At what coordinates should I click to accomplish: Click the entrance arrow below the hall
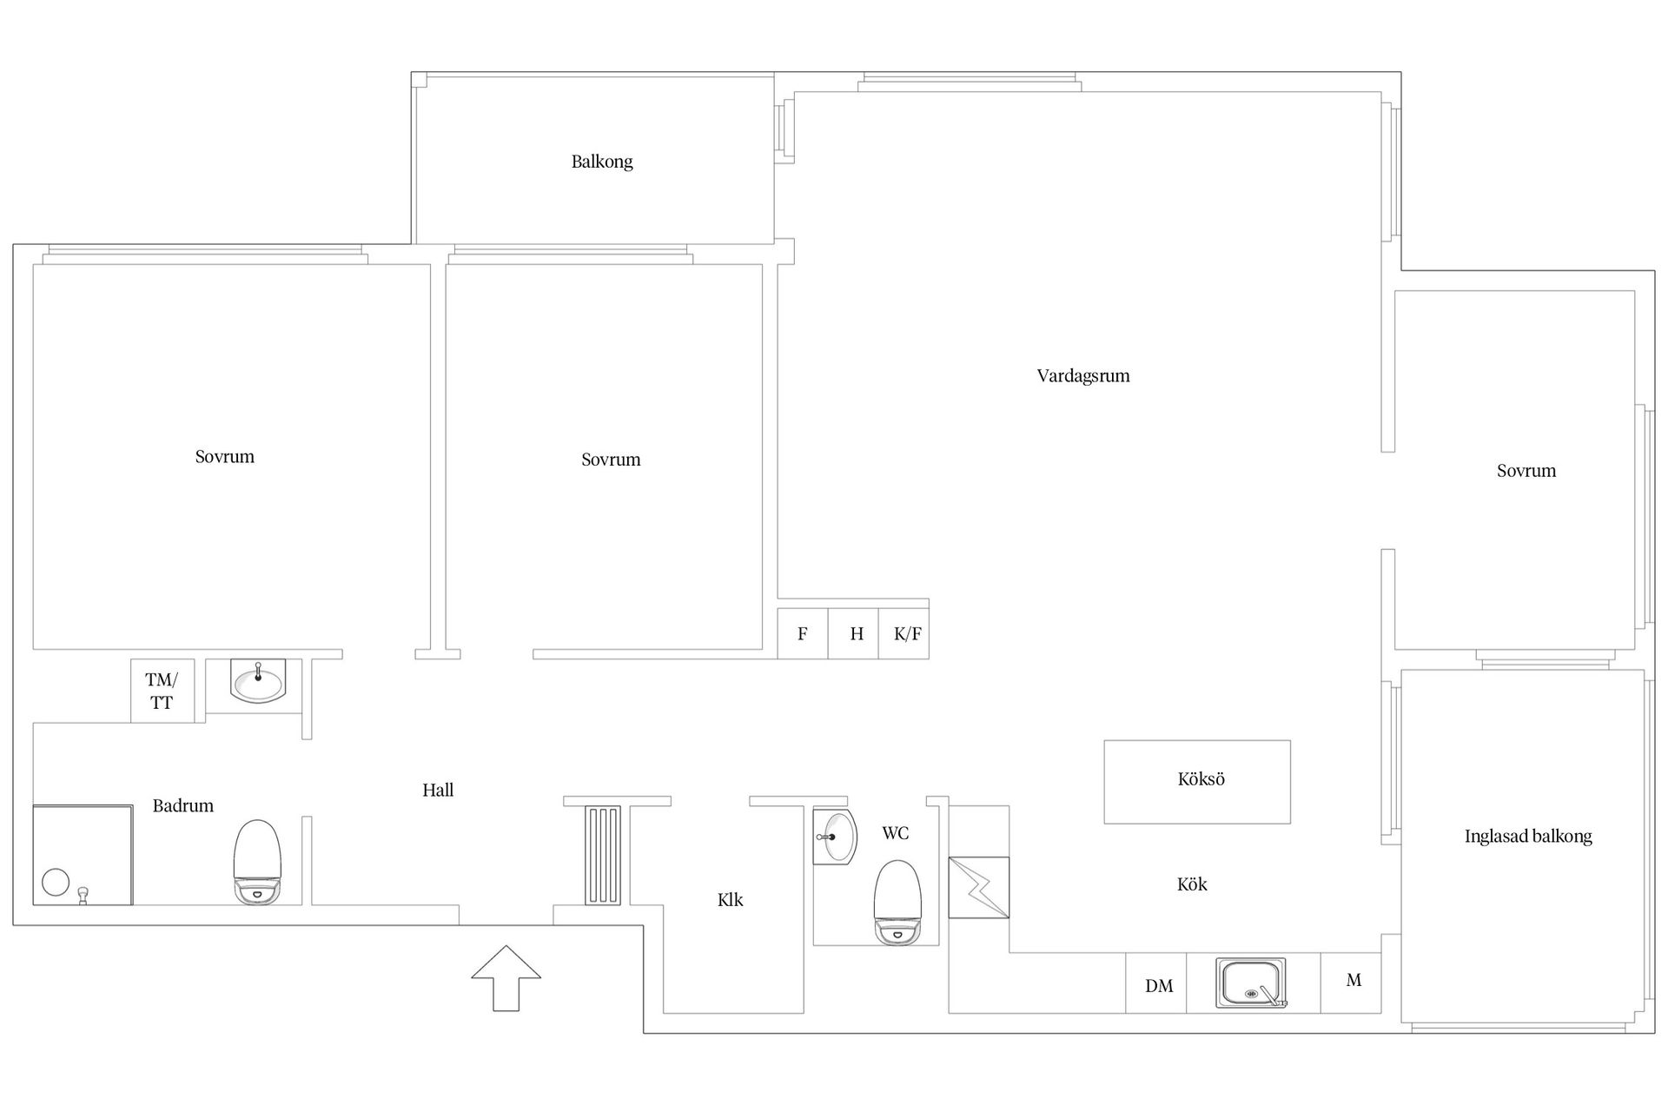(506, 978)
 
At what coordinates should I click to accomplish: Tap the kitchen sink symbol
(1251, 983)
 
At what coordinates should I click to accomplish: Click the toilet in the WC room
(897, 902)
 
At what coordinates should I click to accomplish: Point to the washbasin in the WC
(834, 837)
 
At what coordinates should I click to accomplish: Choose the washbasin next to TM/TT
(258, 680)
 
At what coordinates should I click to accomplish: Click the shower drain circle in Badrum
(56, 882)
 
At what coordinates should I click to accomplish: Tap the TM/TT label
(162, 692)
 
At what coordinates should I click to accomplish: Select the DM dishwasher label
(1159, 986)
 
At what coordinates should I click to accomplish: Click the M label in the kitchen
(1354, 980)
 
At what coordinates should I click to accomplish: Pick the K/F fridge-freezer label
(908, 634)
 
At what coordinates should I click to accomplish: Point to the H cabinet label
(857, 634)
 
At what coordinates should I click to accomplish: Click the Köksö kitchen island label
(1201, 779)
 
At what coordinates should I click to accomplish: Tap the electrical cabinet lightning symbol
(979, 887)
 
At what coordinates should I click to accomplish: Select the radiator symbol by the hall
(603, 856)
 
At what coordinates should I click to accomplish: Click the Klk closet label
(731, 900)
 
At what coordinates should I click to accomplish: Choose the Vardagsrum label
(1083, 376)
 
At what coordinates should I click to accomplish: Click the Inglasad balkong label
(1528, 837)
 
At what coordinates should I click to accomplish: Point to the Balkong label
(602, 162)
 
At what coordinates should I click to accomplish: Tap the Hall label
(438, 791)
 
